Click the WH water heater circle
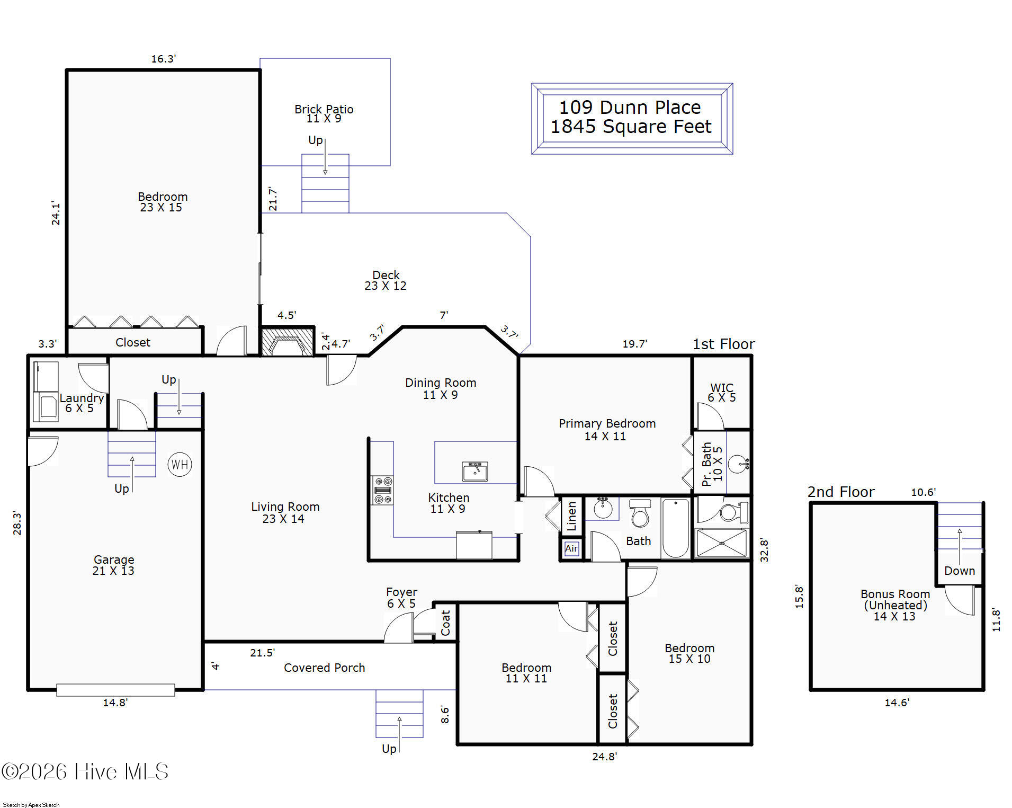180,465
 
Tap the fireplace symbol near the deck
287,342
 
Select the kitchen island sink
475,472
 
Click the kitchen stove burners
382,490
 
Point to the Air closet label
571,548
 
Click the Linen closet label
571,516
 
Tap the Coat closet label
445,623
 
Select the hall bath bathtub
676,528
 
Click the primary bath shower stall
721,543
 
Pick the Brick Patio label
324,109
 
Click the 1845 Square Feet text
631,127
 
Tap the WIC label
722,387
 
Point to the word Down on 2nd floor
960,571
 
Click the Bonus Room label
895,594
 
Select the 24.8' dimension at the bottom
605,757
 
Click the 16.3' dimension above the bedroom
164,59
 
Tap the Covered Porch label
325,668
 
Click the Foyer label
401,592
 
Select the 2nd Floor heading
841,492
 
